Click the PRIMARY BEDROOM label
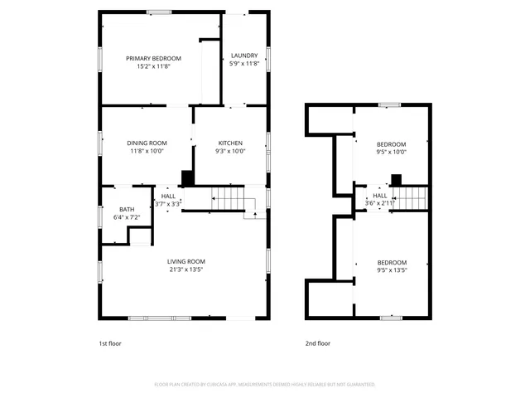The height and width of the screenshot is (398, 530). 153,58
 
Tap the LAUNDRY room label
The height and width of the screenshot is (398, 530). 244,56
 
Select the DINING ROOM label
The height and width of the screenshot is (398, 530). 147,143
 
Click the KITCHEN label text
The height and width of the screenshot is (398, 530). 230,143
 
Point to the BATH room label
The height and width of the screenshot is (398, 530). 126,209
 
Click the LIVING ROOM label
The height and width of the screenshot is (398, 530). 185,261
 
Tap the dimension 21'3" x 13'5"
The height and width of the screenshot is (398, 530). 185,269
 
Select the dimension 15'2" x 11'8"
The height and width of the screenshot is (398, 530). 153,66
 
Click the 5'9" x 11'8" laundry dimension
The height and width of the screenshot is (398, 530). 244,64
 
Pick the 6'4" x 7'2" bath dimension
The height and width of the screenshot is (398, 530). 126,217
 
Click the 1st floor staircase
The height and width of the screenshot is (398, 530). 229,199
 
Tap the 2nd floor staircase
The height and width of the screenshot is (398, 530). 411,198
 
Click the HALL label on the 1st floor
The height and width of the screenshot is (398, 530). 168,196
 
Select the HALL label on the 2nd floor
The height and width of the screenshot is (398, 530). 379,195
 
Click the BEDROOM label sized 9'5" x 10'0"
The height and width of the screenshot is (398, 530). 392,143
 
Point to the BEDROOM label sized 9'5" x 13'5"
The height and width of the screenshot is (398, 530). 392,261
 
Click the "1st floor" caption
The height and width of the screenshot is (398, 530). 110,343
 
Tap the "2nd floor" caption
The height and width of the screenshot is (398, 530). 317,343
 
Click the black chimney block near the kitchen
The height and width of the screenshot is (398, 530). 187,178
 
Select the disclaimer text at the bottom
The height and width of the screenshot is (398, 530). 265,385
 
